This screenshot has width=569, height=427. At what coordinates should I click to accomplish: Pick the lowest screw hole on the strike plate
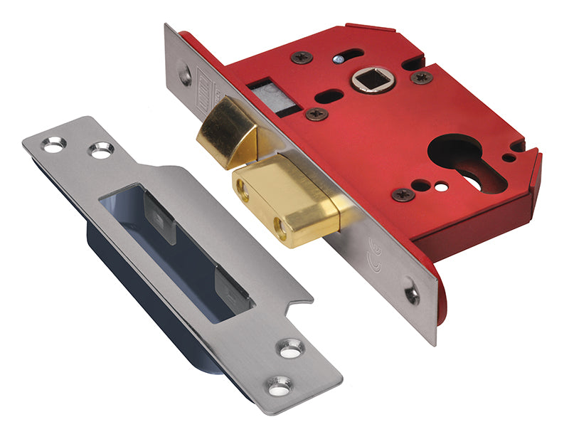point(279,386)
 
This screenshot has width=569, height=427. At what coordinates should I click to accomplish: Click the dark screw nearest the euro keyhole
point(403,194)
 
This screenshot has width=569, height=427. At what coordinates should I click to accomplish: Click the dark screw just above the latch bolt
point(315,114)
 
